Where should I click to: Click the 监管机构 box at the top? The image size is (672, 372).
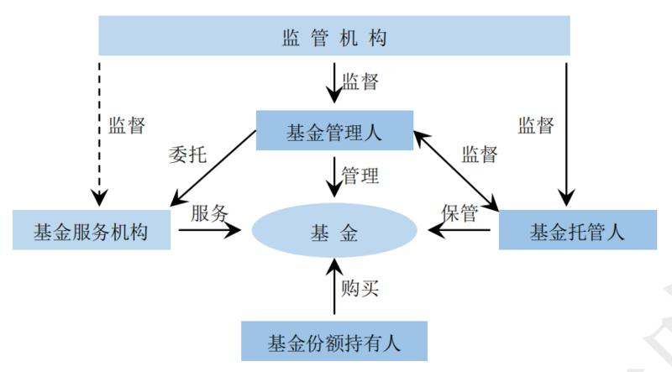click(334, 38)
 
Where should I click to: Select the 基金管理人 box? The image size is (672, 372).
click(334, 131)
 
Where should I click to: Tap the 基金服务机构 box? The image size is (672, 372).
click(92, 231)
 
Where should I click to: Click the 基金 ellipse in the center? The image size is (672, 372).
click(334, 232)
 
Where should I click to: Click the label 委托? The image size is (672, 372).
click(187, 156)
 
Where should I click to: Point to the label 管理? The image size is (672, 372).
click(360, 176)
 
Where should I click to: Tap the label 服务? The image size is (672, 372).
click(210, 212)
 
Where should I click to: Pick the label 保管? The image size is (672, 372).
click(459, 212)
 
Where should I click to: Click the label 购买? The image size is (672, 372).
click(360, 288)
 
